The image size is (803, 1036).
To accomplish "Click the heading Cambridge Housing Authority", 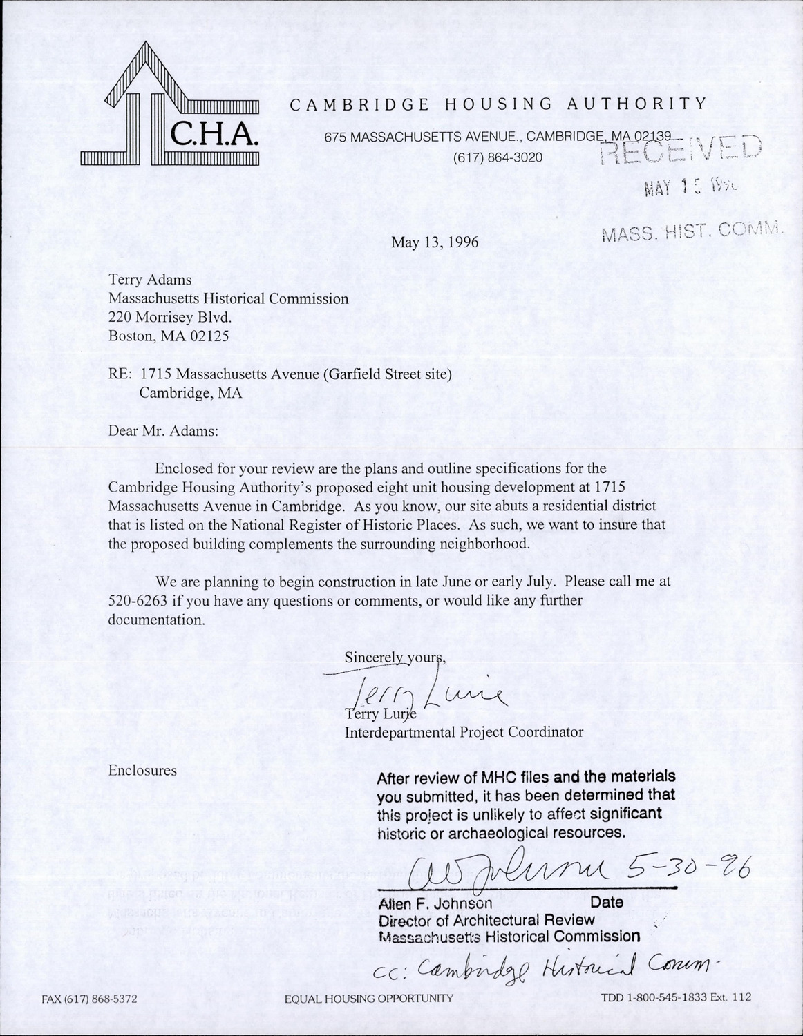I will coord(498,104).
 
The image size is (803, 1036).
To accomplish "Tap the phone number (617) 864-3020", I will coord(498,157).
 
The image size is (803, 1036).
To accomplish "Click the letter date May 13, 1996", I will coord(435,242).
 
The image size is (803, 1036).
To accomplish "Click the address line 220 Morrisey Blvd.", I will coord(166,318).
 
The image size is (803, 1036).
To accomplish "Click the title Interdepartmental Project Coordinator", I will coord(464,732).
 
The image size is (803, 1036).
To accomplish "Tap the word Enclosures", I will coord(142,770).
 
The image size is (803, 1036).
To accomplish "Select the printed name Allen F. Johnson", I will coord(435,903).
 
